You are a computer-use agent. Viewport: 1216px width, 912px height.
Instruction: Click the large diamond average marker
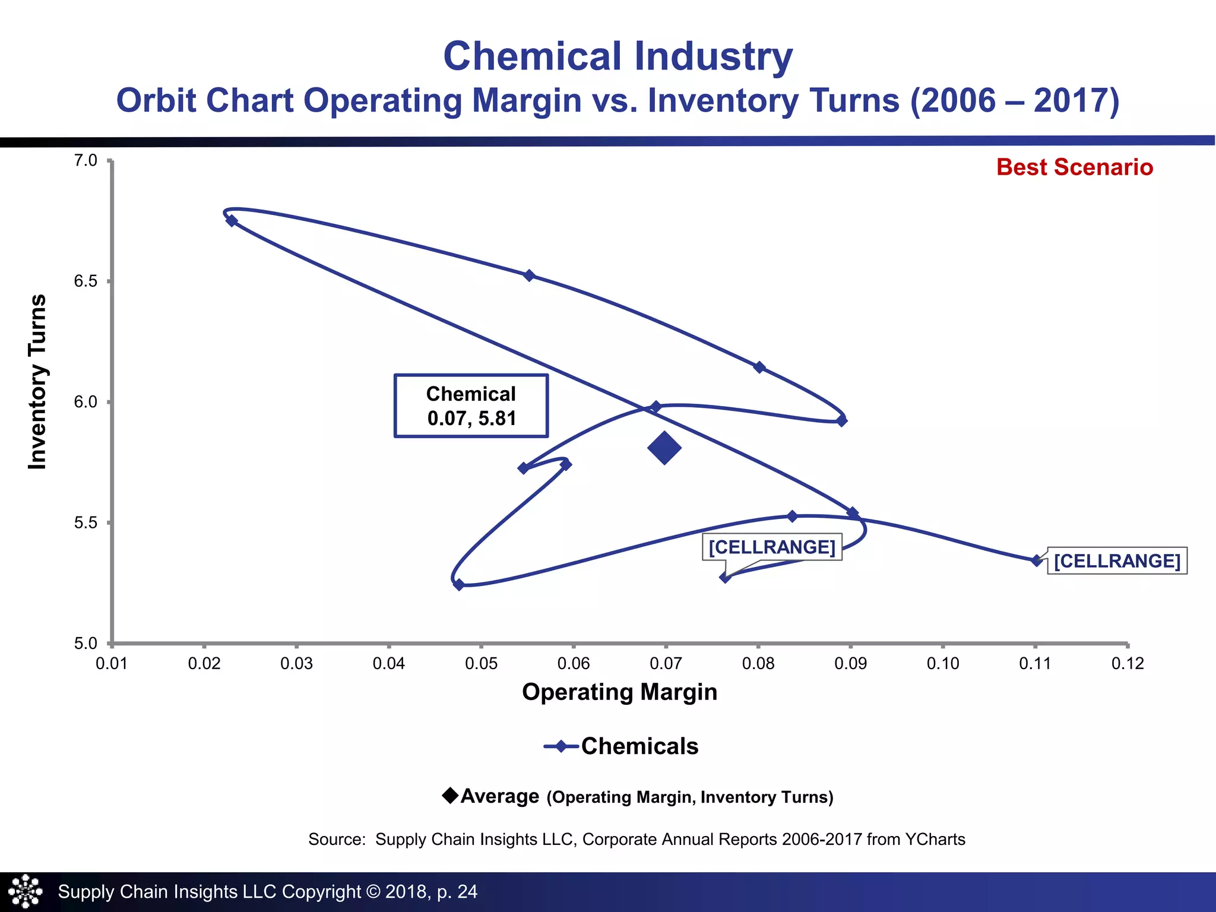(x=664, y=448)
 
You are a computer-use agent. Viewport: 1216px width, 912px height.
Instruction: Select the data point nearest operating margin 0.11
(x=1037, y=560)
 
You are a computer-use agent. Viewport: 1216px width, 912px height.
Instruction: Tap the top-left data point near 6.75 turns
(x=232, y=221)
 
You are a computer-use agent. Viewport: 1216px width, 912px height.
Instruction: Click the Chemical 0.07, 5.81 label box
(x=471, y=406)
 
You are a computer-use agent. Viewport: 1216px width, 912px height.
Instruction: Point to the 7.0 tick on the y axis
(x=85, y=161)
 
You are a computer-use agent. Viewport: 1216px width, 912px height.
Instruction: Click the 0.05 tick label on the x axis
(x=481, y=663)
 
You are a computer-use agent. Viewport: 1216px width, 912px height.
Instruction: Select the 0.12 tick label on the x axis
(x=1127, y=663)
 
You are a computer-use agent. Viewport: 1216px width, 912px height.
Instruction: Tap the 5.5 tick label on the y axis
(x=85, y=523)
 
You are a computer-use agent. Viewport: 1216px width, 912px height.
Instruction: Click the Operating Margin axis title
(x=619, y=692)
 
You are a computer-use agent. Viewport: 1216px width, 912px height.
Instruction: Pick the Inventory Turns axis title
(x=37, y=382)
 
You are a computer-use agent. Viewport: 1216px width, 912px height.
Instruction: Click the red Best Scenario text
(x=1074, y=167)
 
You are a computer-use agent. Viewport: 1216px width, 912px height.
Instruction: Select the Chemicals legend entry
(x=621, y=746)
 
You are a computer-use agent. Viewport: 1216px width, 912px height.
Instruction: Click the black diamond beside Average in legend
(x=450, y=795)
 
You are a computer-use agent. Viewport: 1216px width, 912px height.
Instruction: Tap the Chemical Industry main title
(x=617, y=56)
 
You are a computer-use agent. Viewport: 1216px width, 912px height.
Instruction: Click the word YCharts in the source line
(x=935, y=839)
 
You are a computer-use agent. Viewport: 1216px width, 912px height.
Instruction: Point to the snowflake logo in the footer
(x=26, y=891)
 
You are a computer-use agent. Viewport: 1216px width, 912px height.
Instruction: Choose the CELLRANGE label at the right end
(x=1116, y=560)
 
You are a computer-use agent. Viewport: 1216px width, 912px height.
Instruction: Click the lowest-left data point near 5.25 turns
(x=458, y=585)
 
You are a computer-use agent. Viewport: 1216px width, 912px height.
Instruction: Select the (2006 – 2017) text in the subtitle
(x=1014, y=100)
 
